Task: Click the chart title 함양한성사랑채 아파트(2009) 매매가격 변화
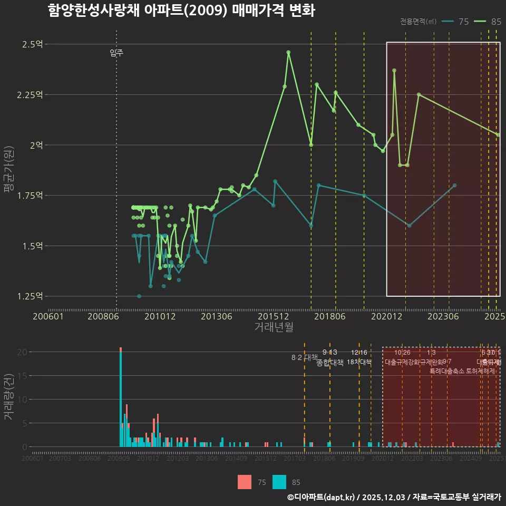click(x=181, y=11)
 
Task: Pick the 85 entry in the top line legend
click(x=488, y=22)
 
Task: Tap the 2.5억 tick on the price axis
click(x=32, y=44)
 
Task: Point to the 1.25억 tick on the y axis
click(x=30, y=296)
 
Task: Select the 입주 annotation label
click(x=116, y=53)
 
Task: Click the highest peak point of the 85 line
click(x=288, y=52)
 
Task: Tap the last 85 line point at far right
click(x=498, y=135)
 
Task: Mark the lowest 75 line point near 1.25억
click(x=139, y=296)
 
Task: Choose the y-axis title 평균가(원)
click(x=9, y=171)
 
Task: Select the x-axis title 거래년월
click(x=274, y=327)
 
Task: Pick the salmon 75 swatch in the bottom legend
click(x=245, y=482)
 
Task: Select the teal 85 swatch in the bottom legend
click(x=279, y=482)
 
